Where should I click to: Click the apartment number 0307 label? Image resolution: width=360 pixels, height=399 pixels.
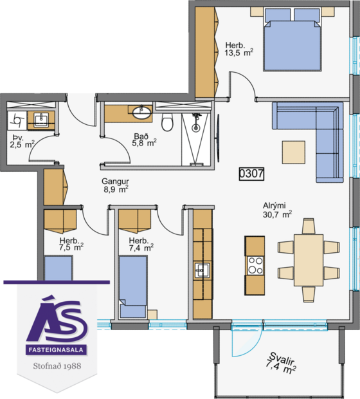[x=252, y=173]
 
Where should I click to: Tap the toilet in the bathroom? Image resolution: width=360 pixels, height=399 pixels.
[x=167, y=121]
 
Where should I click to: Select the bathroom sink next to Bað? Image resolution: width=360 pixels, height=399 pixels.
[x=141, y=113]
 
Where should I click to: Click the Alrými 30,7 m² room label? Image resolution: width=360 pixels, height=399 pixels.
[x=277, y=209]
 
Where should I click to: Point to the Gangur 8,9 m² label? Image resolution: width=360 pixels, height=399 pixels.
[x=115, y=185]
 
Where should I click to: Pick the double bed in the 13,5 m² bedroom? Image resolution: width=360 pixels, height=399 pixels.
[x=292, y=39]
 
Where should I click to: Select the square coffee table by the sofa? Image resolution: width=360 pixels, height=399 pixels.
[x=294, y=153]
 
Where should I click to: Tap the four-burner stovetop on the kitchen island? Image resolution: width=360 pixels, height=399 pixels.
[x=255, y=265]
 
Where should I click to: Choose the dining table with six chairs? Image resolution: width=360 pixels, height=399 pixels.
[x=308, y=259]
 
